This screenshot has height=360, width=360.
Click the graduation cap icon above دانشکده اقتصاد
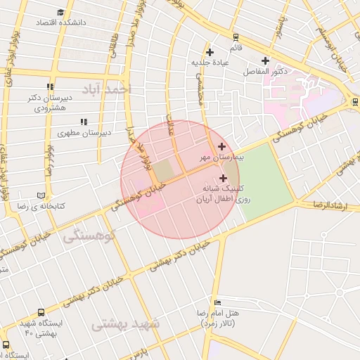point(61,12)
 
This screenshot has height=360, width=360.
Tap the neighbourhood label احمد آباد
point(106,89)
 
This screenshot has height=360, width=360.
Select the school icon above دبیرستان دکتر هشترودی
point(49,87)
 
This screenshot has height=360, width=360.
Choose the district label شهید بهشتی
point(127,323)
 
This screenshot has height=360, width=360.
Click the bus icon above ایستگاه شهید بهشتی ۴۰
point(41,312)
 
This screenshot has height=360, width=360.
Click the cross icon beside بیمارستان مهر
point(222,147)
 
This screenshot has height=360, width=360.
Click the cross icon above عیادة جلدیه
point(210,52)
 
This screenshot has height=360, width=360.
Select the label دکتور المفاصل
point(264,72)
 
